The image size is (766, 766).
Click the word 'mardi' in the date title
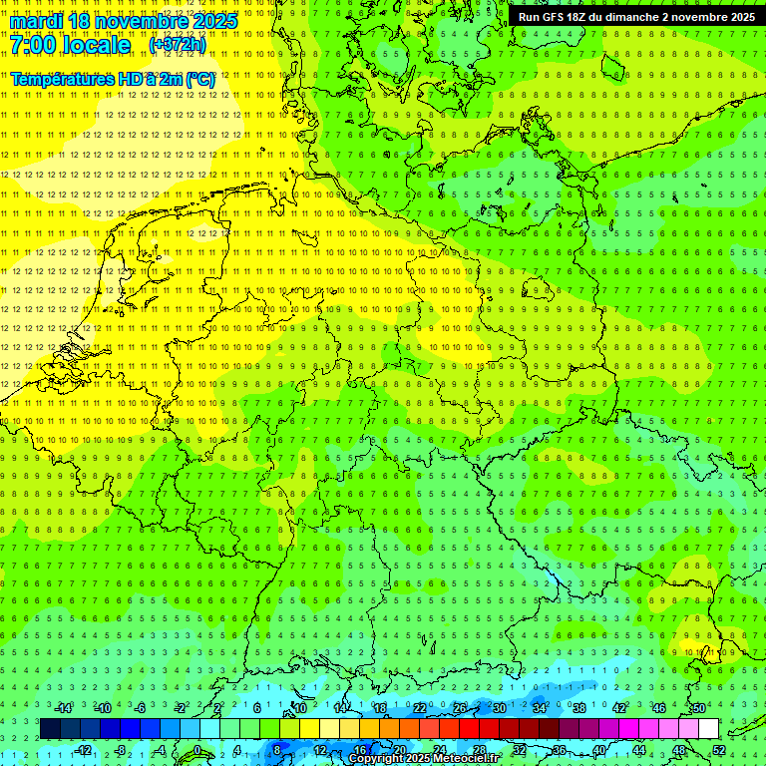(x=37, y=21)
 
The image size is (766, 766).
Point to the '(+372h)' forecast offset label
(x=178, y=45)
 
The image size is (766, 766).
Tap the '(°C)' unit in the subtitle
(x=198, y=79)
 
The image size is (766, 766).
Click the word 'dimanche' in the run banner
(x=633, y=17)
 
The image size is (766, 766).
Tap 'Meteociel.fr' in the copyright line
(x=466, y=759)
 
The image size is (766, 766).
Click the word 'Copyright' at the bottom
(x=378, y=759)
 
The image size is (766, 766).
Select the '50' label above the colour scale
(x=698, y=708)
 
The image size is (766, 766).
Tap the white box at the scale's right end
(x=708, y=729)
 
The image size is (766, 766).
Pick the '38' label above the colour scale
(x=578, y=708)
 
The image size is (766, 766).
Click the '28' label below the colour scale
(x=480, y=750)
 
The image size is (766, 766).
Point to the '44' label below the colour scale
(x=639, y=750)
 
